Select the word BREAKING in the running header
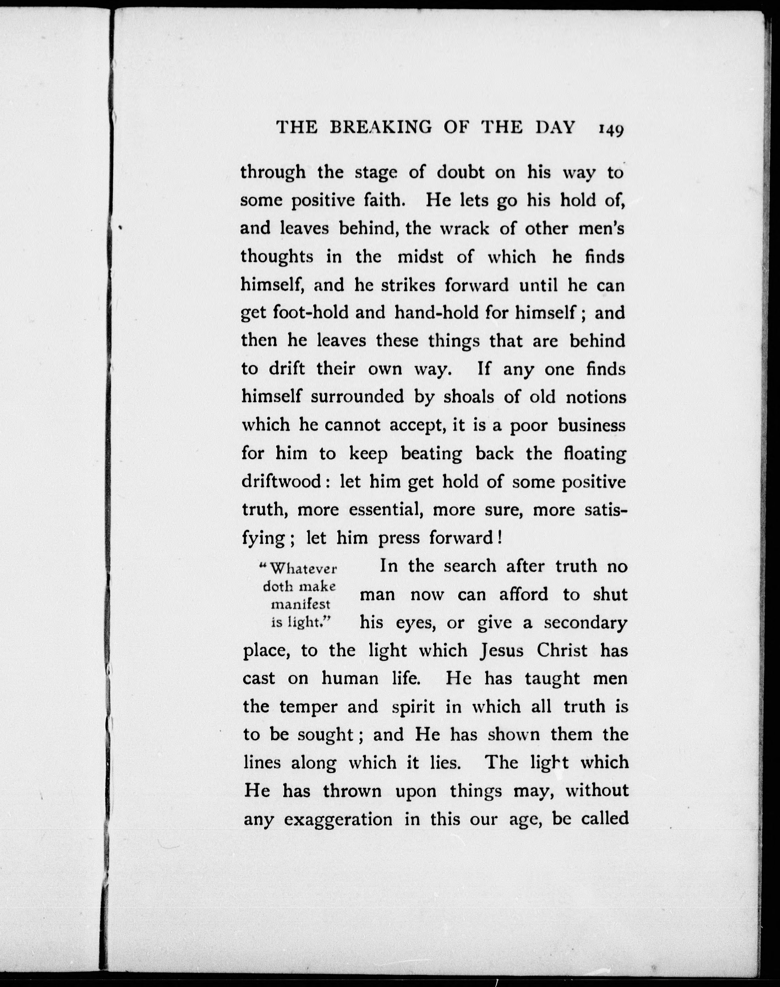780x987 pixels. [381, 127]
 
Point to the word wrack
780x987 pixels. [464, 228]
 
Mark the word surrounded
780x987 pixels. [357, 396]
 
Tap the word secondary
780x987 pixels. [585, 623]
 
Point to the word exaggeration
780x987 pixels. [338, 819]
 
